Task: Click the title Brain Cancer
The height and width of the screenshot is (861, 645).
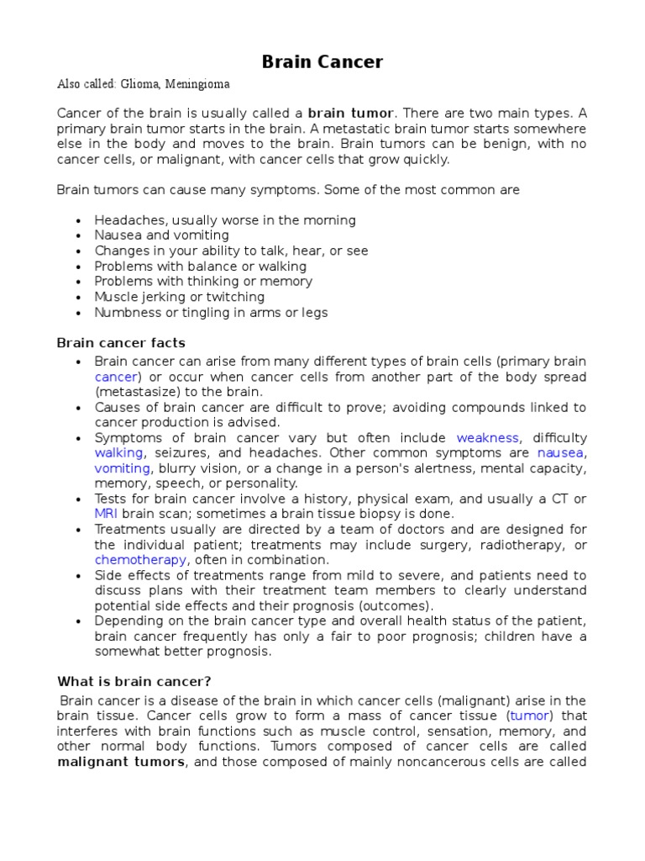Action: pos(322,61)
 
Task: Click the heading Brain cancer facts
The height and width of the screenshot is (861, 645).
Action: pos(121,343)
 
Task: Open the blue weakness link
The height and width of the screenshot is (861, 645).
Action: pos(488,438)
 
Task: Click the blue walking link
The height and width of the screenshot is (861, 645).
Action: pos(118,453)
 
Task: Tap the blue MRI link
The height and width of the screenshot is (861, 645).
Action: pos(106,514)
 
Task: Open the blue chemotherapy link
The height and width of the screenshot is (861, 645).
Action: pos(141,560)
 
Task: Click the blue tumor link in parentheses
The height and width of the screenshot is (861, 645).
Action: pos(529,716)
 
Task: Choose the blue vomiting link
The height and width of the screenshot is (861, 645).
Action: pos(122,468)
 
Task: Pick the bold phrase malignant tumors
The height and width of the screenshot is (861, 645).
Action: pos(120,762)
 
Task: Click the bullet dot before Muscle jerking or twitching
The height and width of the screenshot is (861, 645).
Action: pos(78,298)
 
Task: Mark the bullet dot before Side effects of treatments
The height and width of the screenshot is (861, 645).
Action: pos(78,576)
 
